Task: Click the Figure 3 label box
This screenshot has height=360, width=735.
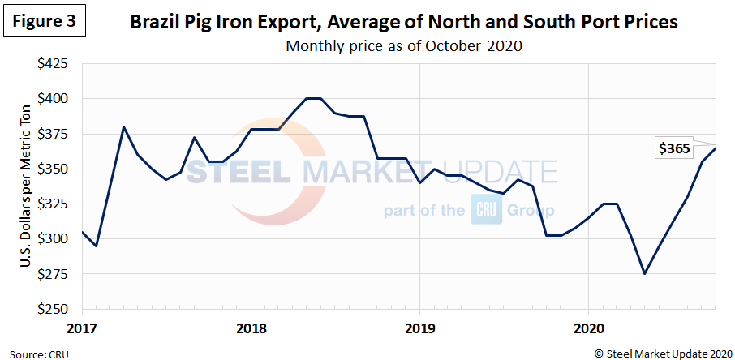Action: (x=45, y=22)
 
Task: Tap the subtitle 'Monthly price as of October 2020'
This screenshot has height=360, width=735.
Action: (x=403, y=45)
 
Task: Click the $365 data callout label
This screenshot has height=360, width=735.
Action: (x=673, y=148)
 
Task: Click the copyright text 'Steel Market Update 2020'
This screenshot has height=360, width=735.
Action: (x=663, y=352)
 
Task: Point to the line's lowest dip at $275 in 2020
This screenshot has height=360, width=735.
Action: (x=645, y=274)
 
